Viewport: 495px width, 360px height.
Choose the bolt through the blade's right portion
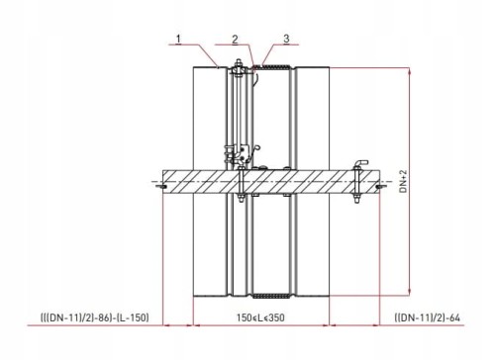(356, 183)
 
